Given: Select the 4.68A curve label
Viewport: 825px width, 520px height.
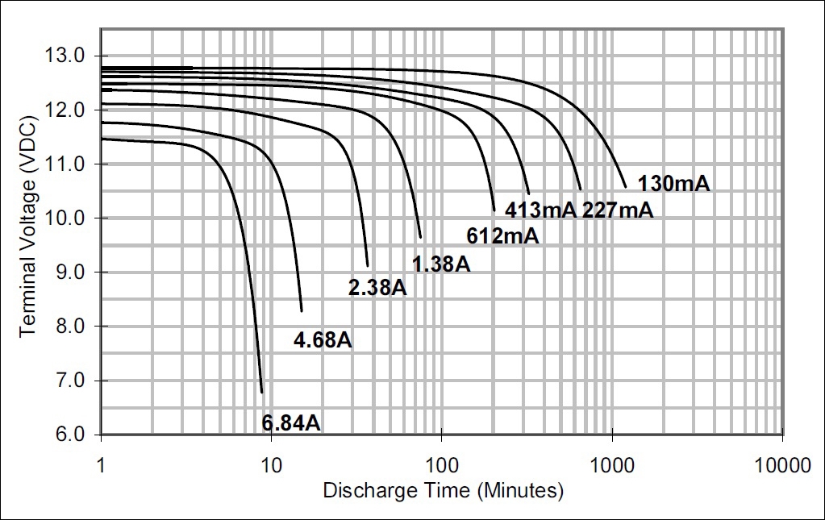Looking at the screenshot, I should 323,339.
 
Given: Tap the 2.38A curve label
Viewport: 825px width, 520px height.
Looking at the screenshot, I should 377,287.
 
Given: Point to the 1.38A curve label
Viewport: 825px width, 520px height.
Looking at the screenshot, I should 440,263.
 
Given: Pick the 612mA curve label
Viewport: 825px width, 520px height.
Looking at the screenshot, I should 502,236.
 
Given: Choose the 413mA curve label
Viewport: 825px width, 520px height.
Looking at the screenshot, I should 540,210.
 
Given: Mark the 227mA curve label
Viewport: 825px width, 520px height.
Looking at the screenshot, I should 617,210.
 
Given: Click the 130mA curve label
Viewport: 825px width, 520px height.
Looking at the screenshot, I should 673,184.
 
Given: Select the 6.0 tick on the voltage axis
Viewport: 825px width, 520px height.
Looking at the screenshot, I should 72,435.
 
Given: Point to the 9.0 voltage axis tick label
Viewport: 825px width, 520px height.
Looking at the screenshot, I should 72,272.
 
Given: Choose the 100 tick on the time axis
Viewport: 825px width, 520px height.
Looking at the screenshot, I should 441,465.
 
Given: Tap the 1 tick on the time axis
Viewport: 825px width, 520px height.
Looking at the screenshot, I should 101,465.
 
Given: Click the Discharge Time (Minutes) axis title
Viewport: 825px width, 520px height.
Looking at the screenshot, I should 443,490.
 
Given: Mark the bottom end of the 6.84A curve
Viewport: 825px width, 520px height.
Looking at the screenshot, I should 262,393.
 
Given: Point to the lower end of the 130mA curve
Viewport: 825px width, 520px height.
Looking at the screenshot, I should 625,187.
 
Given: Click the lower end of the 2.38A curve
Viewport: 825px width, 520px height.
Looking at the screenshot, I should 368,265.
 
